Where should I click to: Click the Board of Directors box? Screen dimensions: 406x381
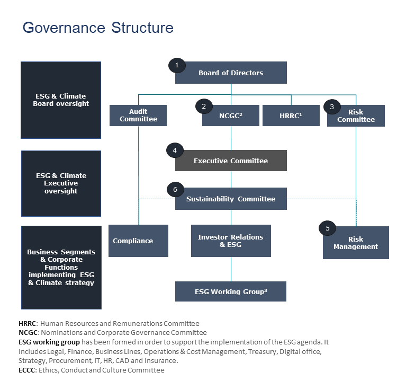[231, 73]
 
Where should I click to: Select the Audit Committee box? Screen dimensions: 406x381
[138, 116]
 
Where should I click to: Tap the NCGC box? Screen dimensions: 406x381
[231, 116]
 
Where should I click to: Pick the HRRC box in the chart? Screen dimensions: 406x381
[291, 116]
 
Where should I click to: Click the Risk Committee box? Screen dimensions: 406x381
[356, 116]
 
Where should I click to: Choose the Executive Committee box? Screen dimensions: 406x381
[231, 161]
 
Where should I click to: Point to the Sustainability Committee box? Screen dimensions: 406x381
[231, 199]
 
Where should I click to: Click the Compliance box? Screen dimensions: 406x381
[138, 241]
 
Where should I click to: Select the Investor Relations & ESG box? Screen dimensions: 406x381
[231, 241]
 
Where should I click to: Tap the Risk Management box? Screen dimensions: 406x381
[356, 243]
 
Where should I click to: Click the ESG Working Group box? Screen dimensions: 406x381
[231, 291]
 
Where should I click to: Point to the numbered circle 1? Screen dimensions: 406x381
[177, 65]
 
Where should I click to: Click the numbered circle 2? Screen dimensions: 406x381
[204, 107]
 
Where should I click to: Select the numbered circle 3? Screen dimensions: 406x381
[332, 107]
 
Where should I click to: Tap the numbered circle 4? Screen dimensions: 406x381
[175, 150]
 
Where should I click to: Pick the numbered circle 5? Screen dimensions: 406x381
[328, 228]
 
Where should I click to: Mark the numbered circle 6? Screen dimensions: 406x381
[175, 190]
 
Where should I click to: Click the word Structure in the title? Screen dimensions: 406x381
[142, 28]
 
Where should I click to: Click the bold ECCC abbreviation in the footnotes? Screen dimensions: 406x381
[26, 370]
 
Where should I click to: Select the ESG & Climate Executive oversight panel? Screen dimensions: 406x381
[61, 183]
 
